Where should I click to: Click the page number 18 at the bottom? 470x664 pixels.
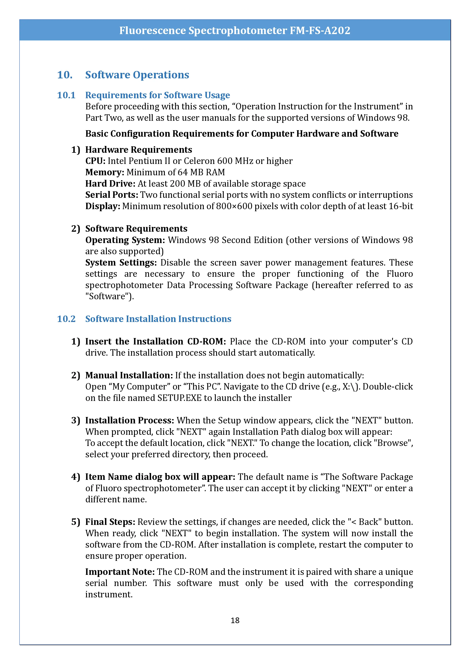click(x=235, y=620)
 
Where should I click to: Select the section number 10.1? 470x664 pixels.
click(x=66, y=95)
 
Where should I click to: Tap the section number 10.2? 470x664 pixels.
click(x=66, y=319)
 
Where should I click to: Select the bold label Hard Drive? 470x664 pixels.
click(x=110, y=184)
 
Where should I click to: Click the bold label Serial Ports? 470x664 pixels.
click(x=112, y=195)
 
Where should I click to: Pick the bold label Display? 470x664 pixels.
click(x=103, y=206)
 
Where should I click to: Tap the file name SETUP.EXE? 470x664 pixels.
click(x=179, y=398)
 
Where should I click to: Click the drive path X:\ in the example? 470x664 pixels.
click(x=348, y=387)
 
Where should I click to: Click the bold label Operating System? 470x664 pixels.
click(x=125, y=240)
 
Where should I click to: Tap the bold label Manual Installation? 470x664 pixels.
click(x=129, y=375)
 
